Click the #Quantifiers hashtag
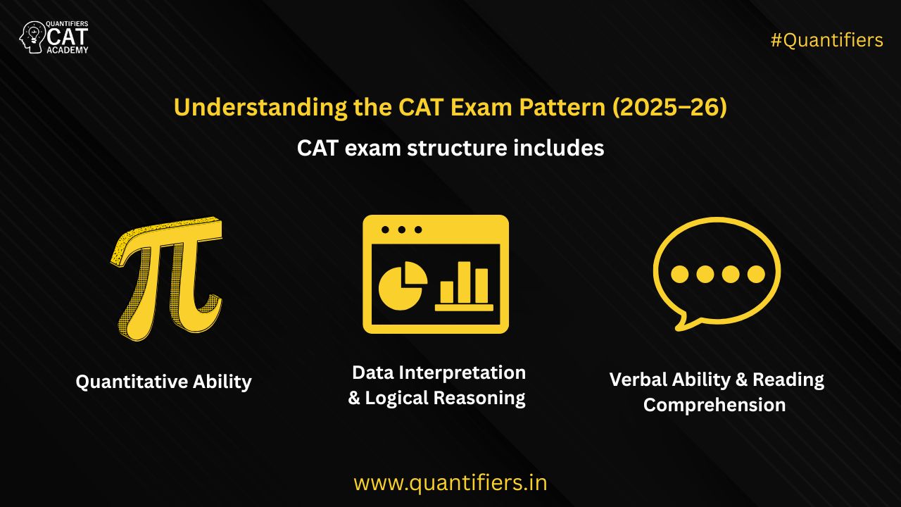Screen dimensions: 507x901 click(x=826, y=40)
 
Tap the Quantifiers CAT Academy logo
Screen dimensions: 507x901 click(x=54, y=37)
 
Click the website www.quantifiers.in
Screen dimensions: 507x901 click(x=450, y=483)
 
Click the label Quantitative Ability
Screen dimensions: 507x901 click(x=163, y=382)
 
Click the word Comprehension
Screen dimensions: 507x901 click(x=714, y=405)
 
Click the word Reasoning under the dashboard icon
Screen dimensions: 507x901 click(x=479, y=398)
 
